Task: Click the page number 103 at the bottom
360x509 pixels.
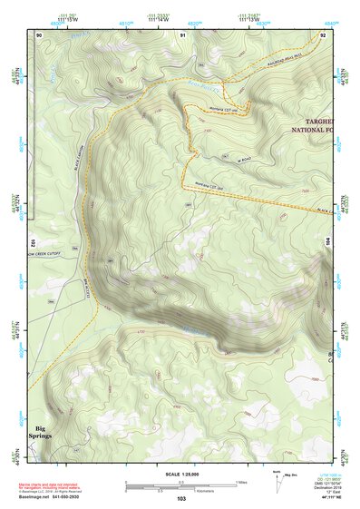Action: [x=181, y=499]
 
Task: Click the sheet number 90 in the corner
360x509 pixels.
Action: [x=39, y=34]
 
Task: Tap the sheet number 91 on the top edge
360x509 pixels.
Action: [x=183, y=34]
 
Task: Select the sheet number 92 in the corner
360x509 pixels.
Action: [x=323, y=34]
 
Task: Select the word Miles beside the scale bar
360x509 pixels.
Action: [x=240, y=482]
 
